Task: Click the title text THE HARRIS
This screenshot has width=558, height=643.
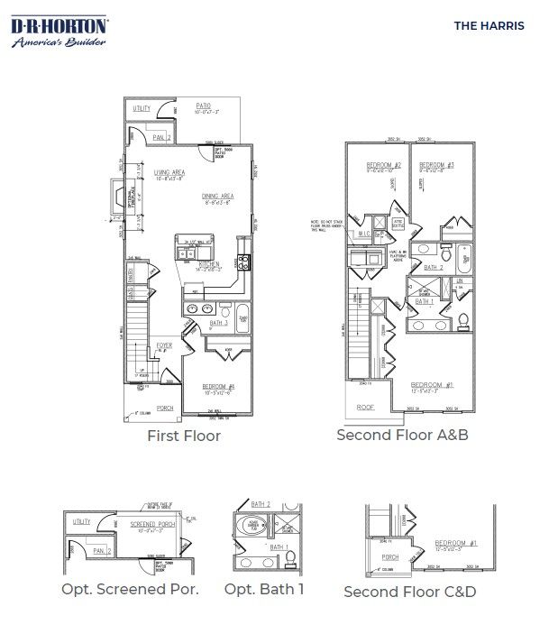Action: click(x=488, y=25)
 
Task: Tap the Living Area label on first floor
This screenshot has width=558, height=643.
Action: click(x=169, y=172)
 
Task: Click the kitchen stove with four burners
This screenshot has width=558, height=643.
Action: click(x=242, y=262)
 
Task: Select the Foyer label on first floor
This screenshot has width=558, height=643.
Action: click(x=164, y=344)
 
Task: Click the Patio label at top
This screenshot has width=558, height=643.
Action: click(x=205, y=106)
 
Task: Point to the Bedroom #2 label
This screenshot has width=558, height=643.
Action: click(x=383, y=166)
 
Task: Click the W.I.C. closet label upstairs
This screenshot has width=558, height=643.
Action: click(x=364, y=234)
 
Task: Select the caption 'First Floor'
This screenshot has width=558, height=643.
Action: click(x=183, y=436)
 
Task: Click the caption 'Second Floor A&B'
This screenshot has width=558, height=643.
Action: click(x=402, y=435)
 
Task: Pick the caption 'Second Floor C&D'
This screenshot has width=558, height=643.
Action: click(x=409, y=592)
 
